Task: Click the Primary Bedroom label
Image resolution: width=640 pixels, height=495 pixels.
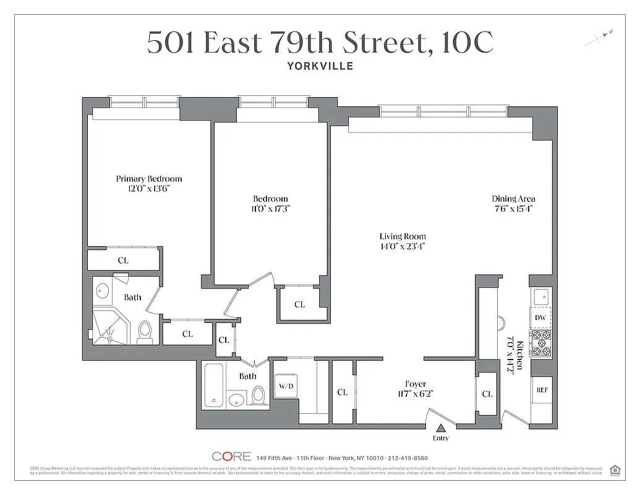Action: tap(149, 179)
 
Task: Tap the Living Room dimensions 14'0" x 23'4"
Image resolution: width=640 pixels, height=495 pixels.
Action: tap(403, 246)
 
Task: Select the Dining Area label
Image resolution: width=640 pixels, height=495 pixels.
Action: tap(513, 199)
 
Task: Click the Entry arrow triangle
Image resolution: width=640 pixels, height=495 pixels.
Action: tap(441, 428)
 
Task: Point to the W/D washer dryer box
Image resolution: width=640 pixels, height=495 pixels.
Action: tap(286, 387)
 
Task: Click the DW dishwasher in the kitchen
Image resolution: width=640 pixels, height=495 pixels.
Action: tap(540, 317)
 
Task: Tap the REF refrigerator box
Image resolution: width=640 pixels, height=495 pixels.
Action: tap(542, 390)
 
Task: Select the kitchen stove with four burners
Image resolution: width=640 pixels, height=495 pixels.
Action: tap(541, 344)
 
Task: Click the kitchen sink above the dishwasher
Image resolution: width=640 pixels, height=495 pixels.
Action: tap(540, 295)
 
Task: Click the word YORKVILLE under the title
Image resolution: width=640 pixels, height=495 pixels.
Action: tap(320, 66)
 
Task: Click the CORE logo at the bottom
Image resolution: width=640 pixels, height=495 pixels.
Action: tap(231, 457)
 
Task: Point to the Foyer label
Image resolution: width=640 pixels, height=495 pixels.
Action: tap(416, 384)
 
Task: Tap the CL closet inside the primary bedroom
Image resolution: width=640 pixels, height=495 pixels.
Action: tap(123, 260)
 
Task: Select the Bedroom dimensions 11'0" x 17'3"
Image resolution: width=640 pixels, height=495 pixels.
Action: tap(270, 209)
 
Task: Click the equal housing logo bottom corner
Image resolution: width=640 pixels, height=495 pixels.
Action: tap(615, 470)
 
